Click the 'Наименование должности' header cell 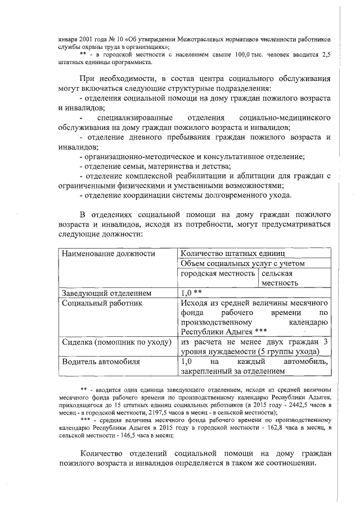[108, 253]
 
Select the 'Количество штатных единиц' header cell [233, 253]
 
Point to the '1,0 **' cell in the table [192, 293]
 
